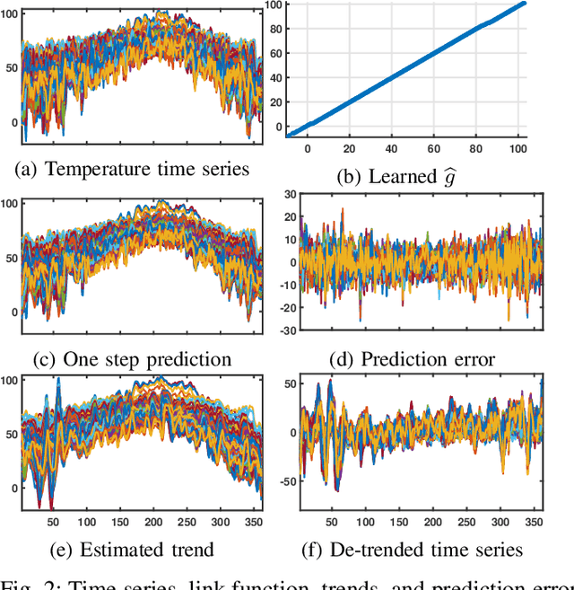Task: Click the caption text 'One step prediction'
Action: tap(147, 360)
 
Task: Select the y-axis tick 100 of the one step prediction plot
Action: tap(7, 204)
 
